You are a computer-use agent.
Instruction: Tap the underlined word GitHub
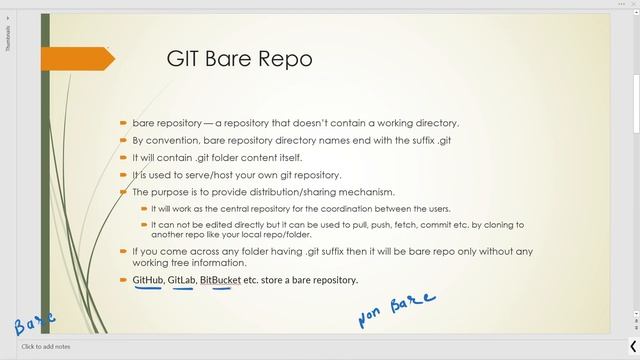pos(147,280)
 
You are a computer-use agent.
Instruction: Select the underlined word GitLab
pos(181,280)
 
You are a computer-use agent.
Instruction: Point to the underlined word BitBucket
pos(220,280)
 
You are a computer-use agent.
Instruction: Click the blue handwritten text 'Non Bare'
pos(397,310)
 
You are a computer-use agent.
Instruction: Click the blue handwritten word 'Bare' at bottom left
pos(34,323)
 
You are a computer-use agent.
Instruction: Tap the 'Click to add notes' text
pos(46,347)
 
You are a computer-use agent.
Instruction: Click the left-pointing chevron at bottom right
pos(634,345)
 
